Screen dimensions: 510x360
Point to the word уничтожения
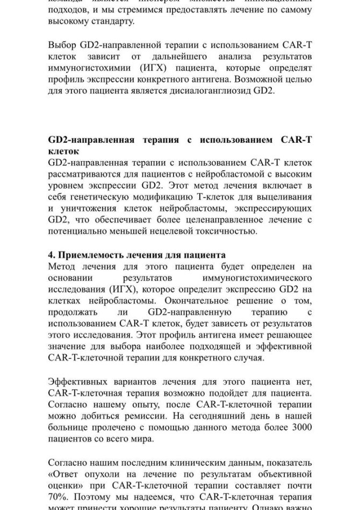coord(89,210)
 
